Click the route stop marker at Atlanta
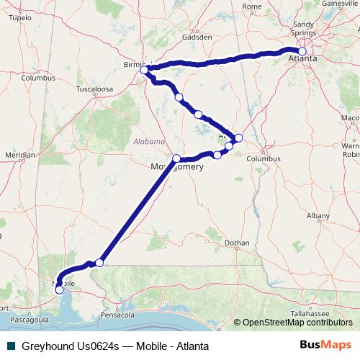click(x=302, y=51)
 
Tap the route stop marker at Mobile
click(x=59, y=290)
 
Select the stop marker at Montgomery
click(x=176, y=158)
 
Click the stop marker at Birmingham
click(x=144, y=70)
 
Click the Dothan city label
click(x=236, y=243)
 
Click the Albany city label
click(x=318, y=215)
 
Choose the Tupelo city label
click(x=21, y=17)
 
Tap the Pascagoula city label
click(x=29, y=318)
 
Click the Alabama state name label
click(x=149, y=142)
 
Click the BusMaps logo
click(x=326, y=345)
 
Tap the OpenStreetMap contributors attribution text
click(x=297, y=323)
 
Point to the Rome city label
click(x=252, y=6)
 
